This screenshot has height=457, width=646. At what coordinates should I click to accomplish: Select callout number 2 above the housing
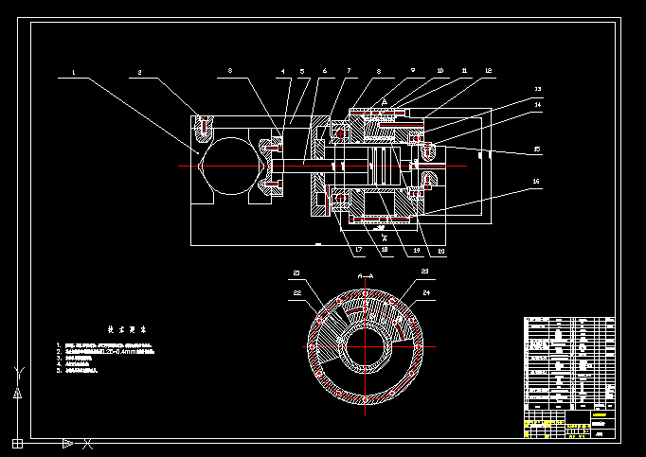[x=139, y=71]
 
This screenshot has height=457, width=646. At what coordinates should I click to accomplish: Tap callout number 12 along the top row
[x=488, y=71]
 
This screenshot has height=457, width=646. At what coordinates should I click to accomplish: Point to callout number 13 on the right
[x=538, y=90]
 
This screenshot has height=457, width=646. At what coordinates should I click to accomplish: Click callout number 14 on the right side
[x=538, y=105]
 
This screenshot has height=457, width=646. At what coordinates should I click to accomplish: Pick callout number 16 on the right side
[x=536, y=181]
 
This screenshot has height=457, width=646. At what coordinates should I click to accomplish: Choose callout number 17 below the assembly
[x=359, y=250]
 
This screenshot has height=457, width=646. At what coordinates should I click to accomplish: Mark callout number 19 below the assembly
[x=416, y=250]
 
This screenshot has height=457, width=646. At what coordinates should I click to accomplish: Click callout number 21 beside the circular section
[x=296, y=272]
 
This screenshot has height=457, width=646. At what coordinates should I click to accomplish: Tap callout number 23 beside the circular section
[x=424, y=272]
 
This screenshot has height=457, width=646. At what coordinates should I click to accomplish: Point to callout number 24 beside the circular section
[x=426, y=292]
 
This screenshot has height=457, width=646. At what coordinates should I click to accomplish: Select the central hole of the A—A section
[x=365, y=346]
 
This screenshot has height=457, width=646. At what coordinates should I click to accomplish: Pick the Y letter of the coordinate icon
[x=16, y=371]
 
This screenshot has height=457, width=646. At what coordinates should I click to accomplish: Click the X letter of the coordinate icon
[x=87, y=443]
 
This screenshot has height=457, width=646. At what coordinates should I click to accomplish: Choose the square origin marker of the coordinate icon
[x=17, y=442]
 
